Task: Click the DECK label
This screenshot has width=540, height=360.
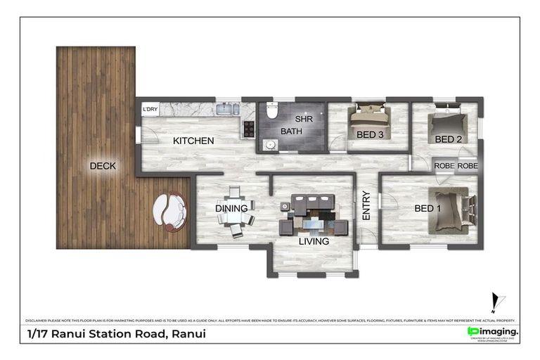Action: click(x=103, y=166)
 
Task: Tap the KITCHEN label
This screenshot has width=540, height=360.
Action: click(x=193, y=141)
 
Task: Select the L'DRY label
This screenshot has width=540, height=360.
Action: click(x=150, y=110)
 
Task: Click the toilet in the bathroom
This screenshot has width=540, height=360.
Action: click(x=271, y=110)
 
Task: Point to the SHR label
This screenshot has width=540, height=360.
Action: click(x=304, y=119)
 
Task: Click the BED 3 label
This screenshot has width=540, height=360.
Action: click(x=370, y=135)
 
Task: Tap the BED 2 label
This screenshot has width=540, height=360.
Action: click(x=448, y=139)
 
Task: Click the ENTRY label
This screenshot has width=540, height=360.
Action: click(x=366, y=206)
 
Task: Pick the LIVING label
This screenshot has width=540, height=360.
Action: click(x=314, y=241)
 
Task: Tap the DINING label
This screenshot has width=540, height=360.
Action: click(x=231, y=208)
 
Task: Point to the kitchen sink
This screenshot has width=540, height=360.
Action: click(x=227, y=110)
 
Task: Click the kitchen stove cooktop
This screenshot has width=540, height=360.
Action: click(x=248, y=129)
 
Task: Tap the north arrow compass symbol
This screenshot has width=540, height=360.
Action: click(x=497, y=303)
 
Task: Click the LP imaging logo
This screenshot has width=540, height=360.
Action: click(x=493, y=331)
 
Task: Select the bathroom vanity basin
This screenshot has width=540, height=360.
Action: click(x=269, y=146)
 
